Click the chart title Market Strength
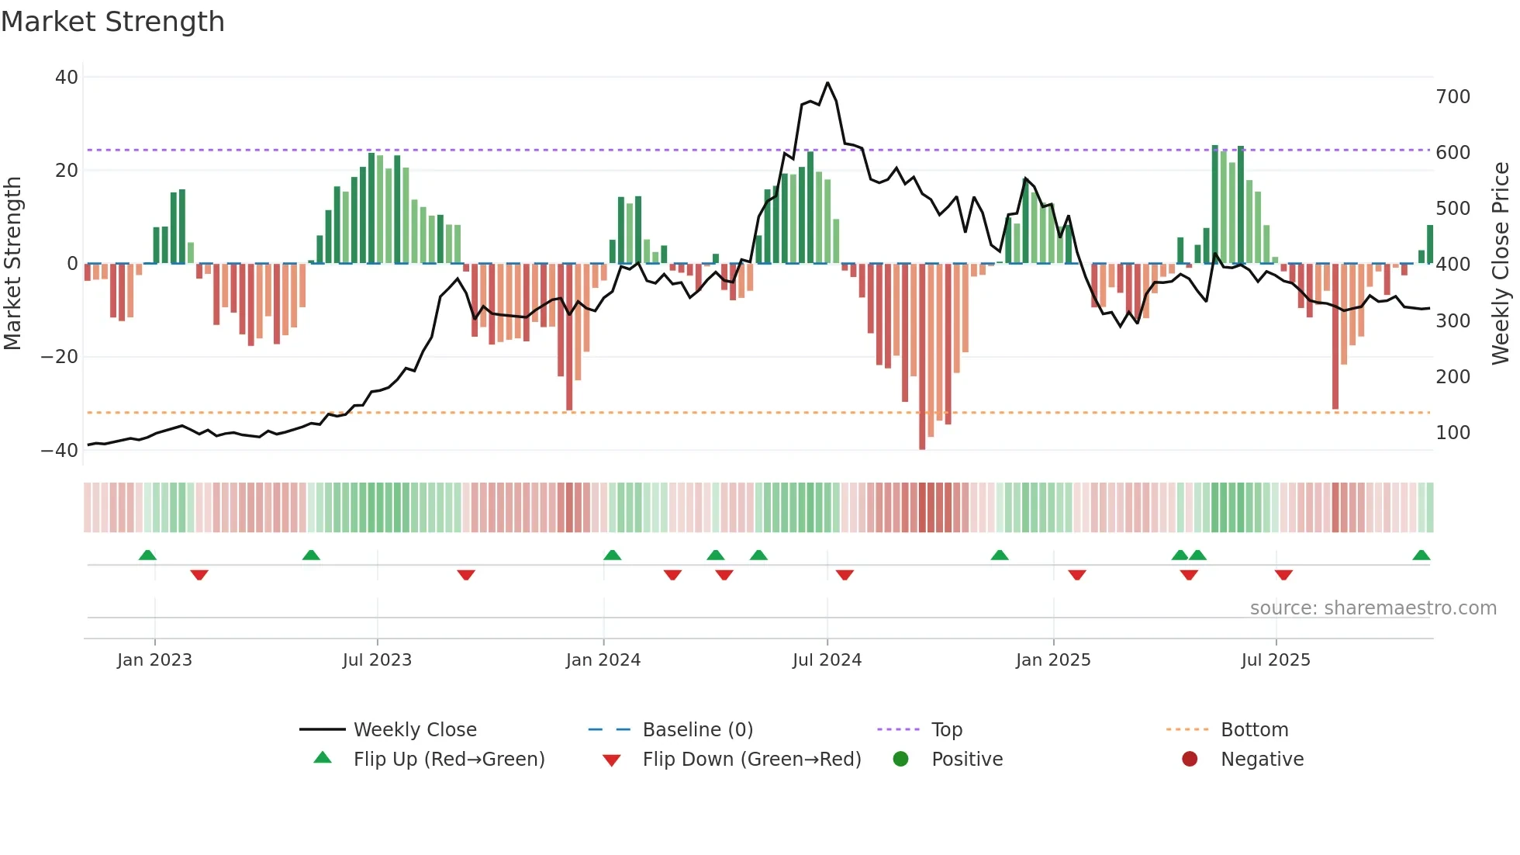tap(112, 22)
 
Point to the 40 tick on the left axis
tap(67, 78)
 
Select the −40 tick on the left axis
tap(60, 451)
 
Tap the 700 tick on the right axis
tap(1453, 97)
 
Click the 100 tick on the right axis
tap(1453, 433)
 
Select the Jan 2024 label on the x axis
tap(603, 660)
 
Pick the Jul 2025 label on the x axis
tap(1275, 660)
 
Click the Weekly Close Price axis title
tap(1501, 264)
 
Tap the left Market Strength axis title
tap(12, 264)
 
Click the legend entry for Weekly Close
tap(414, 730)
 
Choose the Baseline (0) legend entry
tap(697, 730)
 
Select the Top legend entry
tap(946, 730)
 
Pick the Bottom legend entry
tap(1254, 730)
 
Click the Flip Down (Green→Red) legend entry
tap(751, 760)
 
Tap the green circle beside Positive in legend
tap(900, 760)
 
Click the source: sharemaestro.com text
tap(1373, 608)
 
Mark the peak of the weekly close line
tap(827, 83)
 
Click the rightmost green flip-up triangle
tap(1421, 556)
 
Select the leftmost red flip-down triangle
tap(199, 575)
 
